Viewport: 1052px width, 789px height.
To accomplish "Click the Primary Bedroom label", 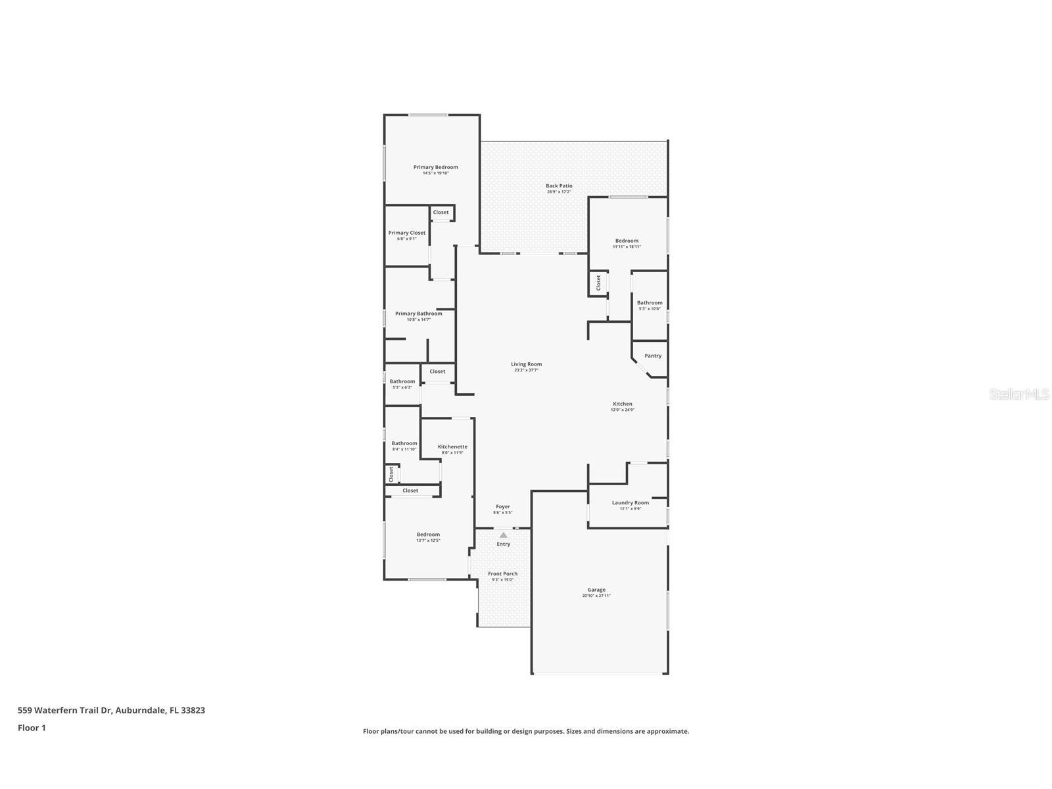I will click(435, 167).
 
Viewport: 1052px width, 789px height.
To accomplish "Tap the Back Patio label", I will click(559, 186).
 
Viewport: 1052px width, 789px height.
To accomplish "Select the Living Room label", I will click(526, 364).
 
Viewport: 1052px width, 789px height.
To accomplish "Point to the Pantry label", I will click(653, 356).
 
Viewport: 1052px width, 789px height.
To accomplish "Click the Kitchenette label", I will click(452, 446).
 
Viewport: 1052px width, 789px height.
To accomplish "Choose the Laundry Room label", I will click(630, 503).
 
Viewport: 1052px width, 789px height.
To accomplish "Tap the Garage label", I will click(596, 590).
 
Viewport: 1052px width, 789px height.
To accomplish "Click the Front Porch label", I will click(502, 574).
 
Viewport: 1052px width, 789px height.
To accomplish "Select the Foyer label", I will click(502, 507).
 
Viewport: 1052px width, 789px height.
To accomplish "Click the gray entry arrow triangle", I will click(503, 535).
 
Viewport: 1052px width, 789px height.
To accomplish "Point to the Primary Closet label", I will click(406, 233).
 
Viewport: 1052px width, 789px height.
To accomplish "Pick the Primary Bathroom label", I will click(418, 314).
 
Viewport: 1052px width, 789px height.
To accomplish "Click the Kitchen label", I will click(622, 404).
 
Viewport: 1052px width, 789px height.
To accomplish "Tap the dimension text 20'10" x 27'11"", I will click(596, 596).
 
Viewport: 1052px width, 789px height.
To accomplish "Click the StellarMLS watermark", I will click(1019, 394).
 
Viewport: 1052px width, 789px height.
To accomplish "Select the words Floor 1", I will click(32, 728).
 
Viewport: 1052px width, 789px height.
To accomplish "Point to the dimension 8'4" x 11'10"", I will click(404, 450).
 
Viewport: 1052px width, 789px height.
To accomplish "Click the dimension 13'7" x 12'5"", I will click(428, 540).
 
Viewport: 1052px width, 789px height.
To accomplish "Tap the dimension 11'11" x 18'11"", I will click(627, 247).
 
